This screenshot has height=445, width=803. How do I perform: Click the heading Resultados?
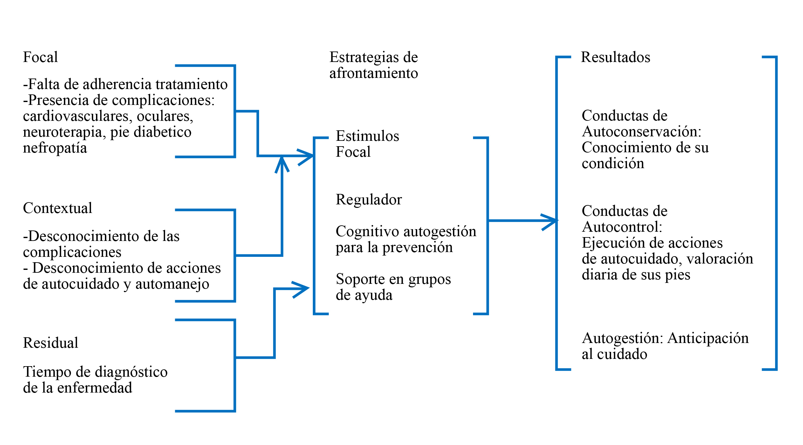[615, 57]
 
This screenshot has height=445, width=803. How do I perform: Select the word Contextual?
[58, 208]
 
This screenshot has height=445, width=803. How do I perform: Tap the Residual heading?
[51, 343]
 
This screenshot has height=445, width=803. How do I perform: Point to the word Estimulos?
[367, 136]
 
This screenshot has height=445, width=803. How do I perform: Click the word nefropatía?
[55, 148]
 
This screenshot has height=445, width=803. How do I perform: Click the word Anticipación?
[708, 338]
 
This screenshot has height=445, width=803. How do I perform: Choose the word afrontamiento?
[374, 73]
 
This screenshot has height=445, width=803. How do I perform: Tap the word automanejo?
[172, 284]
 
